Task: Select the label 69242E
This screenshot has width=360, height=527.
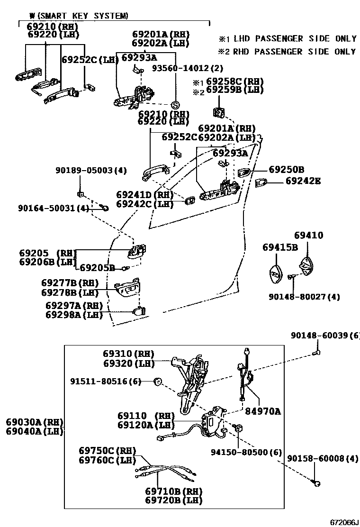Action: click(303, 181)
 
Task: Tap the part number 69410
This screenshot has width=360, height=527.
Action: click(308, 236)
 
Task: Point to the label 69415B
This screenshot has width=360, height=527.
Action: click(280, 247)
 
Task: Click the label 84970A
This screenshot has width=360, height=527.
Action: click(262, 412)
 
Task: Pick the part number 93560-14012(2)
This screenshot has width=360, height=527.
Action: click(187, 68)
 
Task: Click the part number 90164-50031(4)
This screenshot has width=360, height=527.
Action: click(54, 208)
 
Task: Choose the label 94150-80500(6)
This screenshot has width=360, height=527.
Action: click(246, 452)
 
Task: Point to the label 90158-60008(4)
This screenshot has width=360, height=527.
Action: click(323, 459)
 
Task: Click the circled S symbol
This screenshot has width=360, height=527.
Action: click(174, 105)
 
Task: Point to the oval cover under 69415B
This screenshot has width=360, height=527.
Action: click(275, 273)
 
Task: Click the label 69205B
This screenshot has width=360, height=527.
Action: click(97, 268)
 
